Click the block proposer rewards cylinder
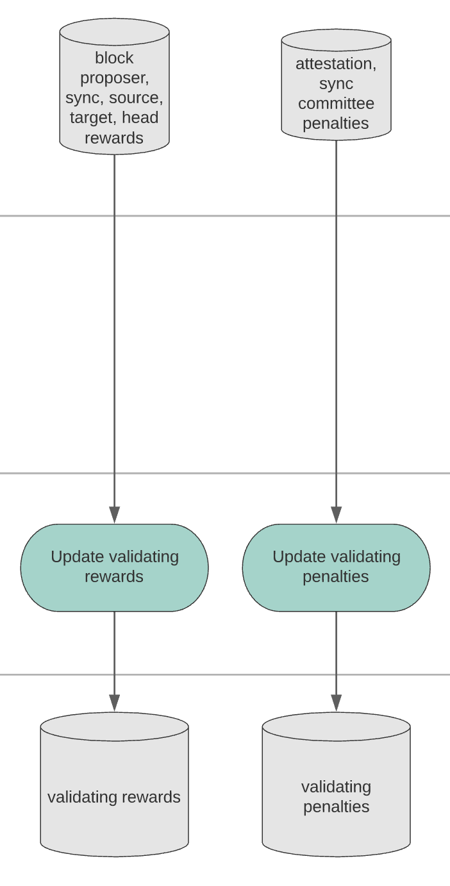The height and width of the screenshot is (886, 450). (114, 86)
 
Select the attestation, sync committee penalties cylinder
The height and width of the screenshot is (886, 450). (336, 84)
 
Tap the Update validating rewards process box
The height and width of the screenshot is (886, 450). (114, 567)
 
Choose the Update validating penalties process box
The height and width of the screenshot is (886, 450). (336, 567)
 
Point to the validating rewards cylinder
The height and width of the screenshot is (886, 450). (114, 785)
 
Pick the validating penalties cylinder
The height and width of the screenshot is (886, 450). (336, 785)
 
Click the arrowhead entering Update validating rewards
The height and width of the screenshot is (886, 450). (114, 515)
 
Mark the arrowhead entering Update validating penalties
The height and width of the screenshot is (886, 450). (336, 515)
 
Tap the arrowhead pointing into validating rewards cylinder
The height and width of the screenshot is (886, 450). (114, 703)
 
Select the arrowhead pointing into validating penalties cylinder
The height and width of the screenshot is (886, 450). (336, 703)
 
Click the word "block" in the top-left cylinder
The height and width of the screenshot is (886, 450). (114, 58)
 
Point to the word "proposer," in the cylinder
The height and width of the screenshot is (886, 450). (115, 78)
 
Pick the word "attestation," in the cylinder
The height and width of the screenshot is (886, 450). (336, 63)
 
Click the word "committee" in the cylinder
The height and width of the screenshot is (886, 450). (336, 104)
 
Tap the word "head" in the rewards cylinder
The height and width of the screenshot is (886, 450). (140, 117)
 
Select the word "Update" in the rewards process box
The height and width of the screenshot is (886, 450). (78, 557)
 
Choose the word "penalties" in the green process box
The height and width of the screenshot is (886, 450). (336, 577)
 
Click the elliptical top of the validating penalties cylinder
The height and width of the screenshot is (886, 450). (336, 726)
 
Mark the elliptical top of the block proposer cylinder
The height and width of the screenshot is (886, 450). (114, 31)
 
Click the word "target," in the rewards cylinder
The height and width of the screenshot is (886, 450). (94, 118)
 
